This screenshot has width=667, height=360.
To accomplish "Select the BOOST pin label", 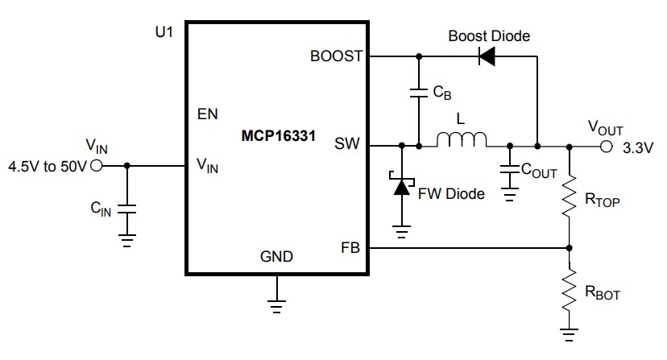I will [x=337, y=57].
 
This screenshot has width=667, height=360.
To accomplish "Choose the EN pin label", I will [x=207, y=114].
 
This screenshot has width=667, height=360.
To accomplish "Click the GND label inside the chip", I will [x=276, y=258].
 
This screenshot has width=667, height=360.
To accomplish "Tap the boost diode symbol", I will [x=486, y=57].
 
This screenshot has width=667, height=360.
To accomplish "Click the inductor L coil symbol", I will [x=462, y=141].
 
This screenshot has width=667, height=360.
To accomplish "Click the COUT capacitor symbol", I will [x=509, y=170].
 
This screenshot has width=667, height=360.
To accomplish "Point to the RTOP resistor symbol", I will [x=570, y=197].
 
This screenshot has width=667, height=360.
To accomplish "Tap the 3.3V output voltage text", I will [x=640, y=148].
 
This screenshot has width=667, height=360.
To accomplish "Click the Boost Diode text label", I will [x=489, y=36].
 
